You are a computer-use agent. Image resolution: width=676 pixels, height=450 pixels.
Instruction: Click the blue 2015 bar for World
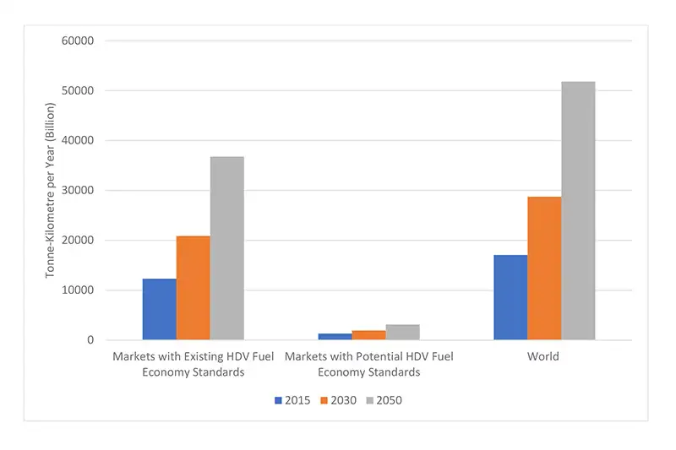point(510,297)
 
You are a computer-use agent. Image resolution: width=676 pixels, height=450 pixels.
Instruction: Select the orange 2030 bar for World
point(544,268)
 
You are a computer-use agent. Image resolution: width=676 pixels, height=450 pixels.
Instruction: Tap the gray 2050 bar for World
point(578,211)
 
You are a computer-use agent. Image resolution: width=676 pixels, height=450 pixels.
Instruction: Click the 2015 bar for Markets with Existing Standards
point(160,309)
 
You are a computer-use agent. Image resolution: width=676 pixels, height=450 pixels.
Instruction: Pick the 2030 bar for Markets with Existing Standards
point(194,288)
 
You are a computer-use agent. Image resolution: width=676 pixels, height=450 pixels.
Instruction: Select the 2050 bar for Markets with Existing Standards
point(227,248)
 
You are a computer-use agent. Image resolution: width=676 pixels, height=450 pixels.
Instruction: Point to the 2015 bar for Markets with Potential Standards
point(335,336)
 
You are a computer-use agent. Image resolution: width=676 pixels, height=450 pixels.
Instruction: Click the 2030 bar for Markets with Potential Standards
point(368,334)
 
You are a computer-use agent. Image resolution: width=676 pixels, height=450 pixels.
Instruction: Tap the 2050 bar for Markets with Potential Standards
point(402,332)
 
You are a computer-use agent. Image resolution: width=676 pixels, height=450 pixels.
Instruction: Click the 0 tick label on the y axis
point(89,340)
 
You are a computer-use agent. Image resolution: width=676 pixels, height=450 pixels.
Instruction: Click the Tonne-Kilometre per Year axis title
point(50,190)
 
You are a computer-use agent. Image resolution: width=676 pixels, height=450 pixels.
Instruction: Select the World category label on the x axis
point(543,356)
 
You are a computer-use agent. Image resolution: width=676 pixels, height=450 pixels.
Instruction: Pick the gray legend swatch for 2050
point(369,400)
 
